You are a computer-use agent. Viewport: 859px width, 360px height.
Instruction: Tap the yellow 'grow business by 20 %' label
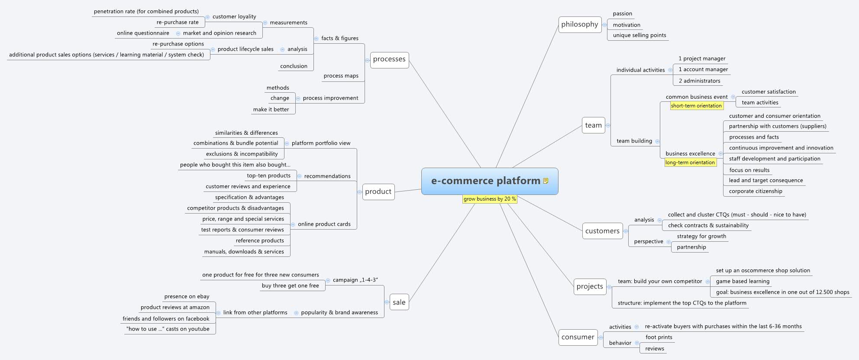coord(490,199)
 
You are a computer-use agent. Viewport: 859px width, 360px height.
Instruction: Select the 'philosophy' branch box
coord(579,25)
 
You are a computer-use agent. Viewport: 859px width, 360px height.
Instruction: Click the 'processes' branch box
coord(389,59)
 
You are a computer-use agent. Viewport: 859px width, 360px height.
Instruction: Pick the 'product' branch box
coord(378,191)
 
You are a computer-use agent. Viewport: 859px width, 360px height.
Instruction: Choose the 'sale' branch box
coord(399,302)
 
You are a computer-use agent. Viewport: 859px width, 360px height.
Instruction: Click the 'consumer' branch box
coord(578,337)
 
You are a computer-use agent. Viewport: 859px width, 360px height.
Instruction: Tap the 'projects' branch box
coord(589,286)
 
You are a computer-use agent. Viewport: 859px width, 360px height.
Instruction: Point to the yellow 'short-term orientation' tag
coord(696,106)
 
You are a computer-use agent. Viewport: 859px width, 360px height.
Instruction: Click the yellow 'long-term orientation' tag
coord(690,162)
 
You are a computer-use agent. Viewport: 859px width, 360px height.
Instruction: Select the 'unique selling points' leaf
coord(639,36)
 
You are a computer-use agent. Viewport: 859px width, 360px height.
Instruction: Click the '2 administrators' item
coord(699,81)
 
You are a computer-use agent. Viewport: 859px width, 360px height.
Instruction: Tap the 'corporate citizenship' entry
coord(755,191)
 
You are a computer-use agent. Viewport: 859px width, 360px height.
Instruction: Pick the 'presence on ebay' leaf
coord(187,297)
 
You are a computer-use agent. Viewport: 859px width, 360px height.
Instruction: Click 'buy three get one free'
coord(290,286)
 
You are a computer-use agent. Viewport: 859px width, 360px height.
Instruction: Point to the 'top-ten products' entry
coord(268,176)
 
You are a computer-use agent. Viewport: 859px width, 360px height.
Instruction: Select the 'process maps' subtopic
coord(341,76)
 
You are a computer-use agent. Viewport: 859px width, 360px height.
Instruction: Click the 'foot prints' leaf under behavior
coord(659,337)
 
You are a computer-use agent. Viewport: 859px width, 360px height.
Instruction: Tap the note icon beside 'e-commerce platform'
coord(546,181)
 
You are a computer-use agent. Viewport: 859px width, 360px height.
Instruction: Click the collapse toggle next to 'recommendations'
coord(299,176)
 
